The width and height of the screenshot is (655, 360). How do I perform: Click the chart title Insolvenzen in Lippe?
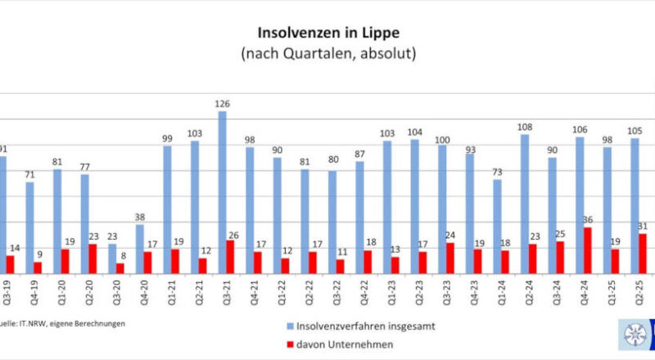tap(327, 34)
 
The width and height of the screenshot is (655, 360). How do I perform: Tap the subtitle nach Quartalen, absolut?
tap(327, 55)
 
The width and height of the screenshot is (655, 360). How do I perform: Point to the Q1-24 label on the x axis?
tap(502, 294)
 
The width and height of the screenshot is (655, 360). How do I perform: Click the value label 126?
tap(222, 104)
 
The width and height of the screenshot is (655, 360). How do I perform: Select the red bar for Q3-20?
tap(121, 268)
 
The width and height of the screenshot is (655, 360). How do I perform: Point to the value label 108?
tap(526, 127)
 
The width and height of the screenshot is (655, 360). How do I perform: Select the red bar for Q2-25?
tap(643, 254)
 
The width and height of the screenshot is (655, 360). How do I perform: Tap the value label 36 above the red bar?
tap(588, 220)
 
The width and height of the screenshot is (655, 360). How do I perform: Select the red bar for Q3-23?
tap(449, 259)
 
